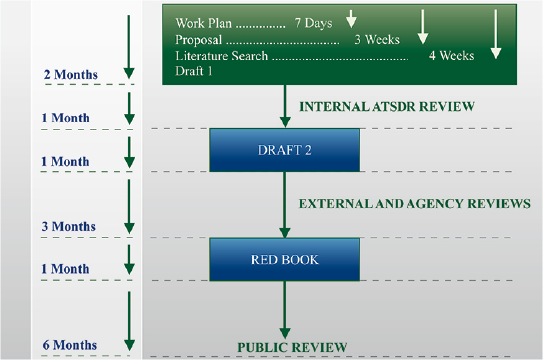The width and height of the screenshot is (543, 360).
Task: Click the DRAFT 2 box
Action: pos(284,150)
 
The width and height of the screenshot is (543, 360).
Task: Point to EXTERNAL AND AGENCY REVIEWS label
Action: pos(414,203)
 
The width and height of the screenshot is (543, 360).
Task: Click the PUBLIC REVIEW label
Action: pos(291,347)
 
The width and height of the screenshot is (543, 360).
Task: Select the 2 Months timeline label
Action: pos(70,75)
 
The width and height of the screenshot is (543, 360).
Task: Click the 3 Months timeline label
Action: pos(69,226)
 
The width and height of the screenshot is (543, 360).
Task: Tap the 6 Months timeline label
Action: pos(69,345)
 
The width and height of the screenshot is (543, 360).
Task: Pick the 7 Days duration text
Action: pos(313,23)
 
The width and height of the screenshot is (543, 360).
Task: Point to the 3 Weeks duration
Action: pos(376,40)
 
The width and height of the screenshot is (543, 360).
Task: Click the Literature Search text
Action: pos(221,56)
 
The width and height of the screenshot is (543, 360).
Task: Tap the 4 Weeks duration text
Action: pos(451,56)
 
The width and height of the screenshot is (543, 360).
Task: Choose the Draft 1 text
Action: pos(194,72)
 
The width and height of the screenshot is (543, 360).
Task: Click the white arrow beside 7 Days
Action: pos(351,18)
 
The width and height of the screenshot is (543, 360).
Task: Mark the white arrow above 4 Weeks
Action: pos(496,34)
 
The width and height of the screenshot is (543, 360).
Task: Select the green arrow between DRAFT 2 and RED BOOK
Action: pos(284,205)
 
